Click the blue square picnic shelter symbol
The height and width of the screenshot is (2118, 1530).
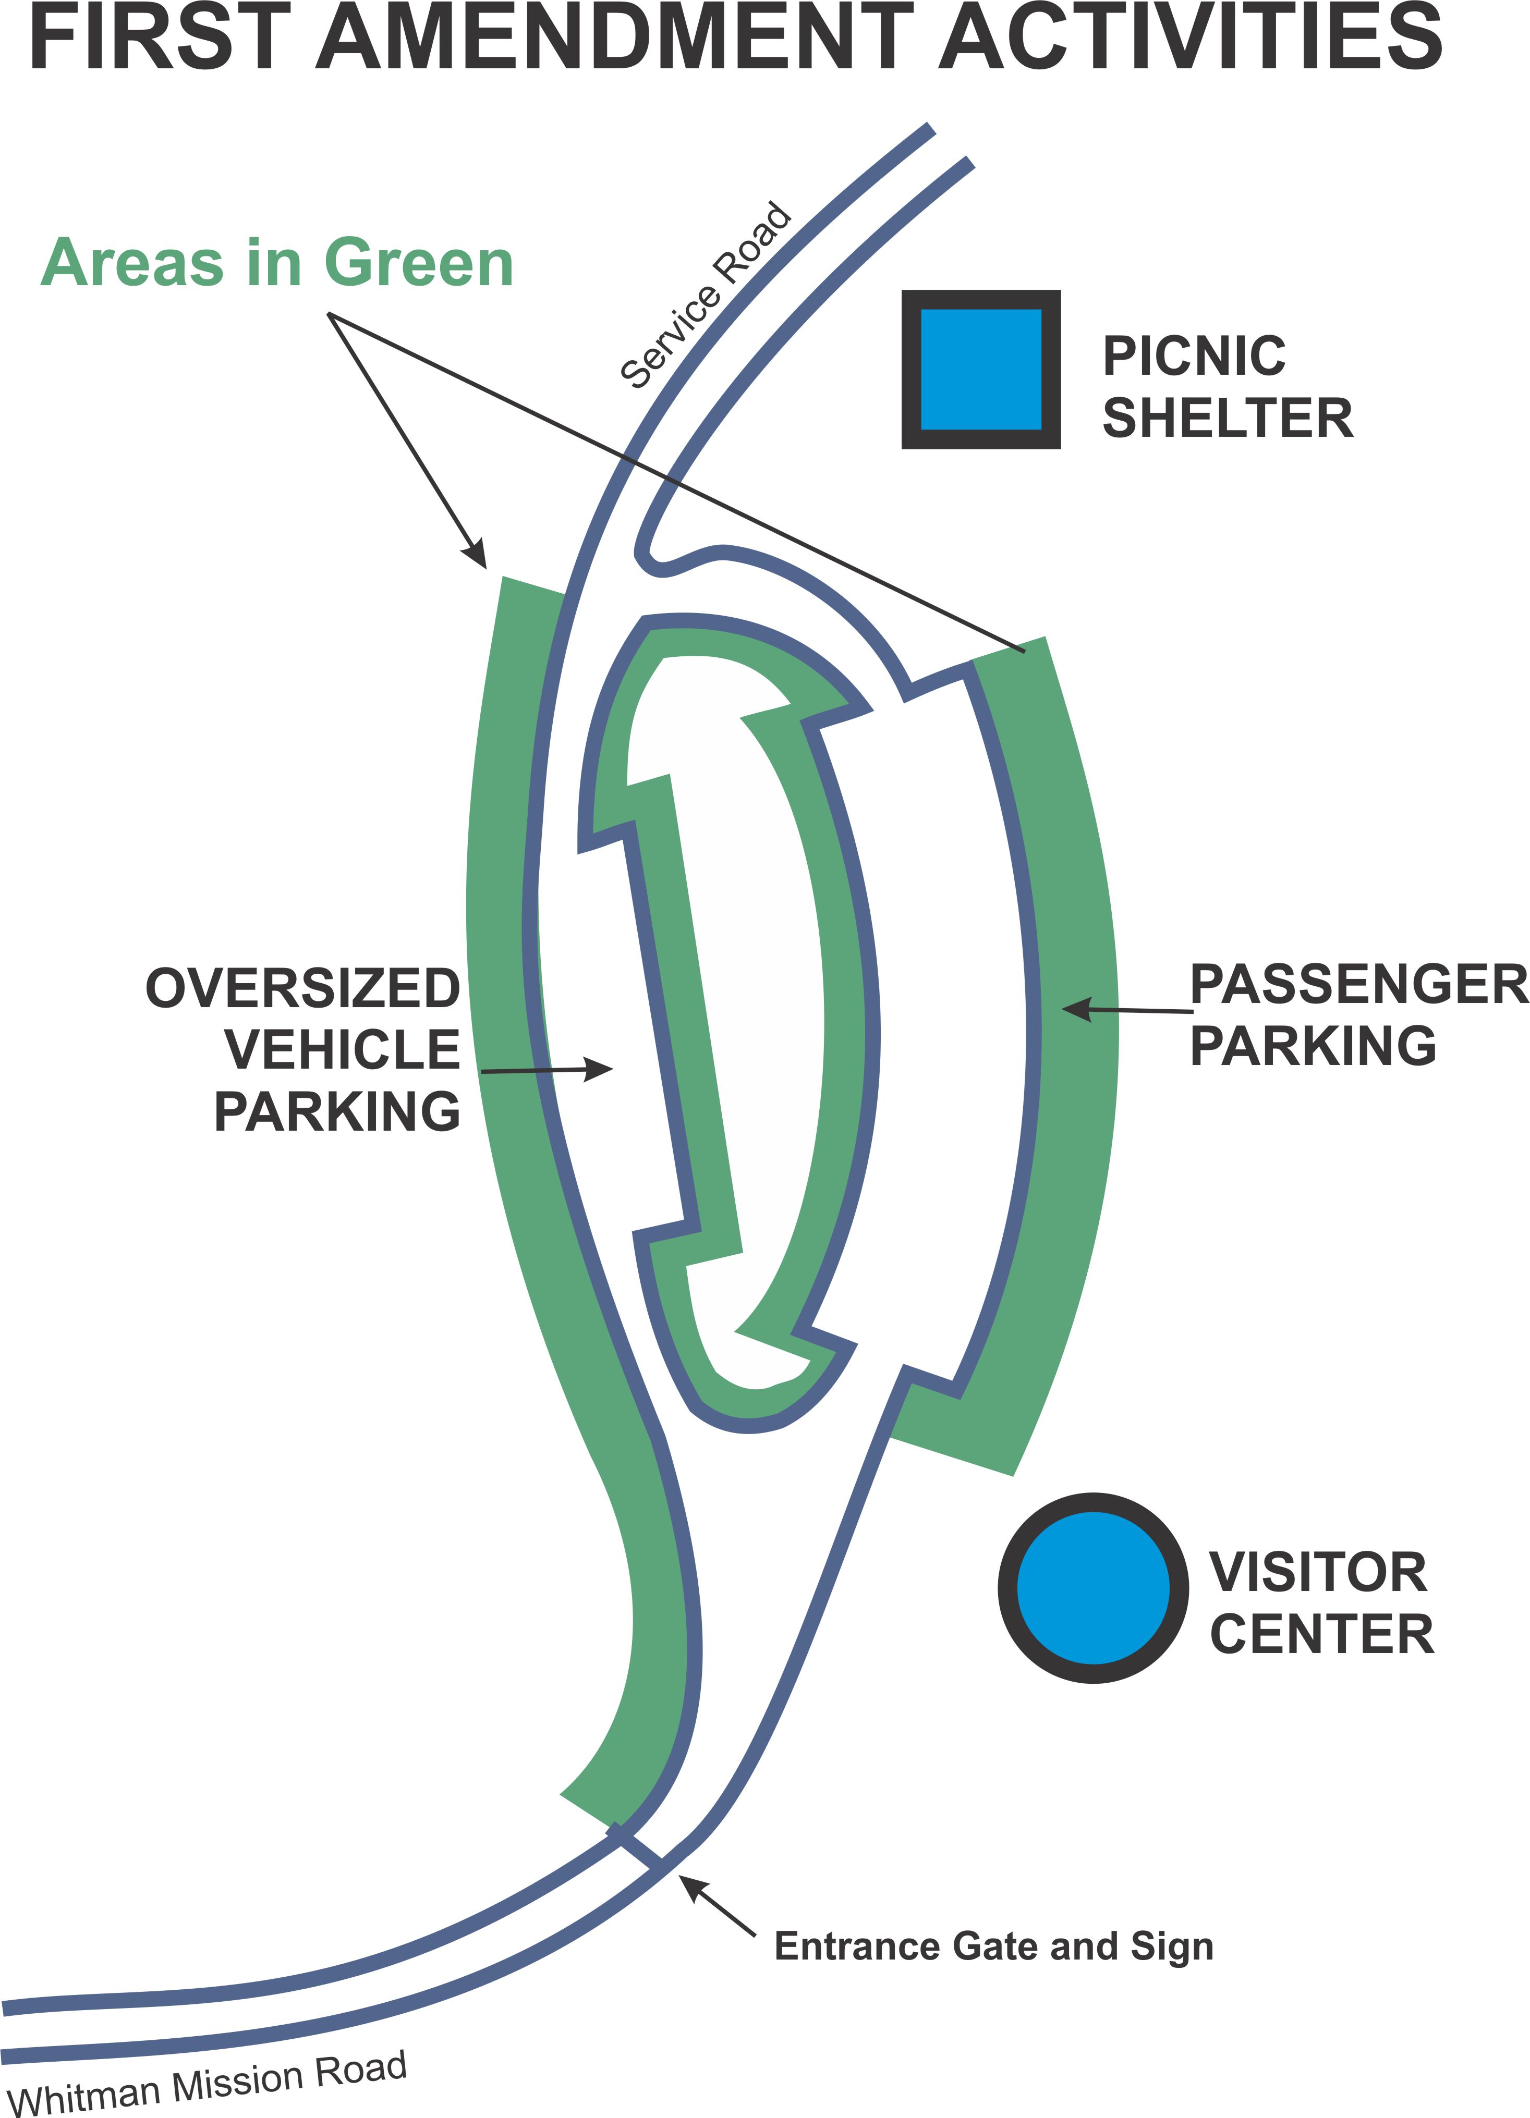click(x=981, y=369)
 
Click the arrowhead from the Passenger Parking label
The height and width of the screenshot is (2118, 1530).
click(x=1074, y=1009)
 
